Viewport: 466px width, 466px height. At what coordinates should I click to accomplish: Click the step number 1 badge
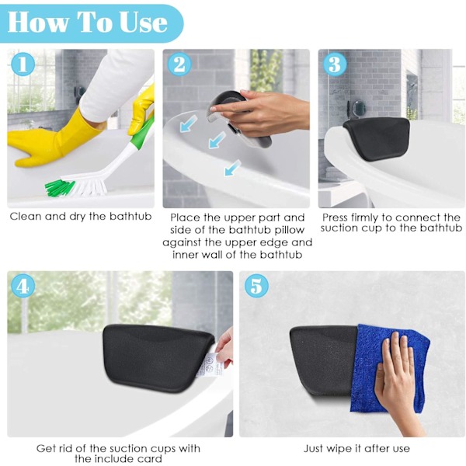[x=23, y=64]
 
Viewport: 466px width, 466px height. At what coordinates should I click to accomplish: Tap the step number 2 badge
[x=179, y=64]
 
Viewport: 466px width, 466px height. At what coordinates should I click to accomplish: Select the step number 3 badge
[x=335, y=64]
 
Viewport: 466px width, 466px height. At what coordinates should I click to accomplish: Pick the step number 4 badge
[x=23, y=287]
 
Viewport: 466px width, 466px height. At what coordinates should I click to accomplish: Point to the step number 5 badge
[x=256, y=287]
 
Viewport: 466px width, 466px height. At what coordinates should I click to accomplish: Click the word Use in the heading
[x=143, y=23]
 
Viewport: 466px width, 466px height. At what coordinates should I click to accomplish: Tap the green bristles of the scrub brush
[x=60, y=187]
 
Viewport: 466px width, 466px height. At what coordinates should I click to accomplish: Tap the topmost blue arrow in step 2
[x=189, y=124]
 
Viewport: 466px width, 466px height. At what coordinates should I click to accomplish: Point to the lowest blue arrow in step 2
[x=232, y=168]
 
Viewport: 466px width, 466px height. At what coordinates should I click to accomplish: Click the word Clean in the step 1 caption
[x=26, y=217]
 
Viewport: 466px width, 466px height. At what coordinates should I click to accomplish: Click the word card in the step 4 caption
[x=149, y=458]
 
